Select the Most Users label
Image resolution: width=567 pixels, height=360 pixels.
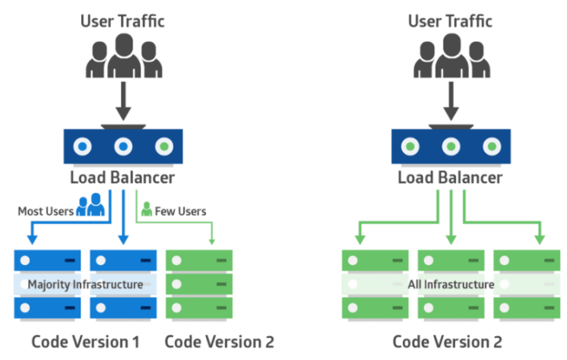46,211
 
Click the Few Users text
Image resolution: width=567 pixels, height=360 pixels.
180,211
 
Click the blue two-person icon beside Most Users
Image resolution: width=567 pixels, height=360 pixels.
90,206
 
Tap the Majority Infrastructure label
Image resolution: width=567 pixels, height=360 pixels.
85,285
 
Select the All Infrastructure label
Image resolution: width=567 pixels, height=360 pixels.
450,285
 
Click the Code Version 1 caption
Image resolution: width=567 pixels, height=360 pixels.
80,340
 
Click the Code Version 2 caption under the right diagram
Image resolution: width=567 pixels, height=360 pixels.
448,340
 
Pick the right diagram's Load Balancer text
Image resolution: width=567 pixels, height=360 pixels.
450,178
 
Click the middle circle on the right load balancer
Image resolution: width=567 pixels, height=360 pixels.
451,146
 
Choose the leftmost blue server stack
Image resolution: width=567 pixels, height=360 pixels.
47,284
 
